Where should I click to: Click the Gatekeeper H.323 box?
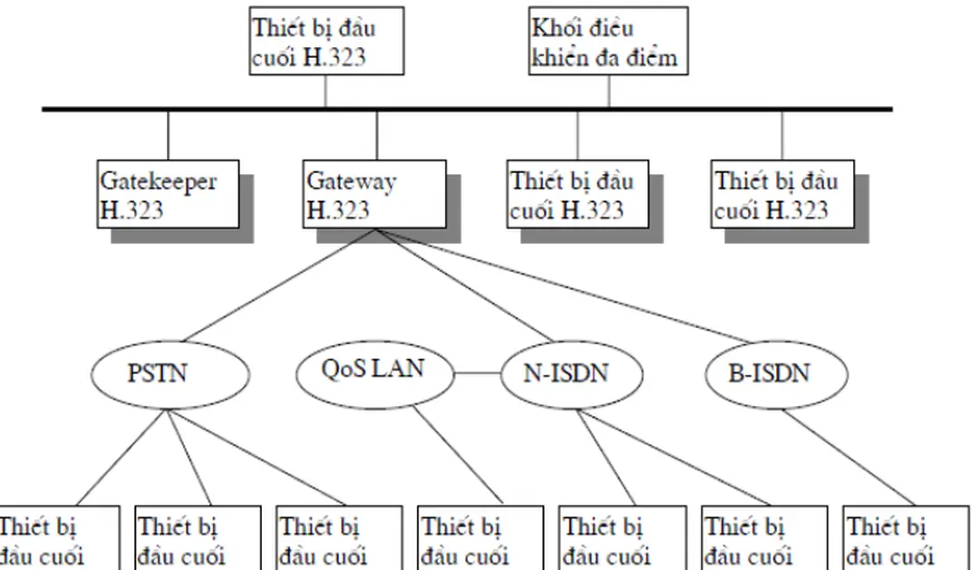click(x=169, y=195)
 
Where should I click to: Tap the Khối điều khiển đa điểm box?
click(x=606, y=42)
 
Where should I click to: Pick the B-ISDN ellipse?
click(x=775, y=372)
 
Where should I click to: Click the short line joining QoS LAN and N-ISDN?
click(x=478, y=372)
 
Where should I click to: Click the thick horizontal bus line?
click(x=467, y=110)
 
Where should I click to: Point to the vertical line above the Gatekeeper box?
click(x=169, y=136)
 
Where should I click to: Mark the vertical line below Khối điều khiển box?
click(x=609, y=92)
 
